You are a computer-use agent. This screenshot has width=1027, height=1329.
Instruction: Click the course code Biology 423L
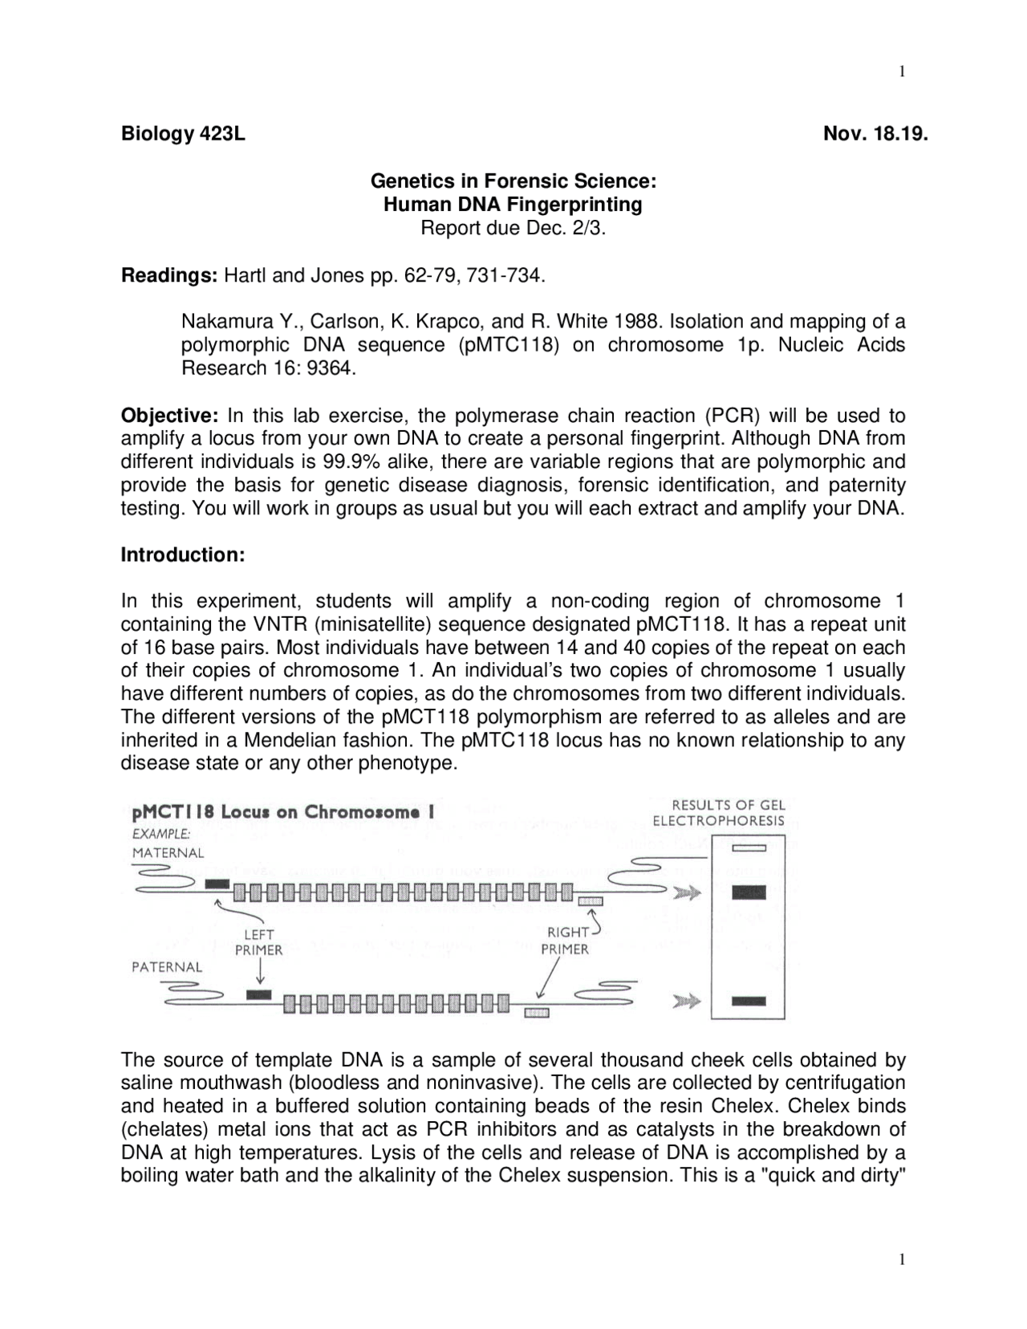[x=183, y=133]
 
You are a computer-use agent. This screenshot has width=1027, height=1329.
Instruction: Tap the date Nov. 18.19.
[x=875, y=133]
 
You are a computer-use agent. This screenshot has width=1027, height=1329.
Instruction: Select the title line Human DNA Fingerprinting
[x=513, y=204]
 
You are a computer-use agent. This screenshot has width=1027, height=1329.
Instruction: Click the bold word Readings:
[x=169, y=276]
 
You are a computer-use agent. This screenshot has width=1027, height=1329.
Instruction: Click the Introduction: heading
[x=182, y=555]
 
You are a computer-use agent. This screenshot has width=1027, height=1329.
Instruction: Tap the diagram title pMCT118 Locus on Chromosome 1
[x=283, y=811]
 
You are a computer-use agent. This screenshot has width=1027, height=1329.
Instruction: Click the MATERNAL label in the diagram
[x=168, y=852]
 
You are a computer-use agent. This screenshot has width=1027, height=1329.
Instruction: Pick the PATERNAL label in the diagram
[x=167, y=966]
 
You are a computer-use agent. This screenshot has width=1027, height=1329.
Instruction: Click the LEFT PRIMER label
[x=258, y=942]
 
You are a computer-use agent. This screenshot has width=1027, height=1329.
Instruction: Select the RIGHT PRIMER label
[x=565, y=941]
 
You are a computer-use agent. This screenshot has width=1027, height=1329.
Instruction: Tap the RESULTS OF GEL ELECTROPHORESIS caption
[x=719, y=812]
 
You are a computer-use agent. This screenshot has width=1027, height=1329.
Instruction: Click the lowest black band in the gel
[x=749, y=1000]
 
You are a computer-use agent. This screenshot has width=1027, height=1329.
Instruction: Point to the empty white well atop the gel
[x=749, y=847]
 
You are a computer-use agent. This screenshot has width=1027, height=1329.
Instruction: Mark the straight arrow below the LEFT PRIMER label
[x=259, y=973]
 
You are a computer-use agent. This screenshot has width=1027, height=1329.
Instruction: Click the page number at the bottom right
[x=902, y=1259]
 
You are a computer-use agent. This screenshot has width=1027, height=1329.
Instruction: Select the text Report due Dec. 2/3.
[x=513, y=228]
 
